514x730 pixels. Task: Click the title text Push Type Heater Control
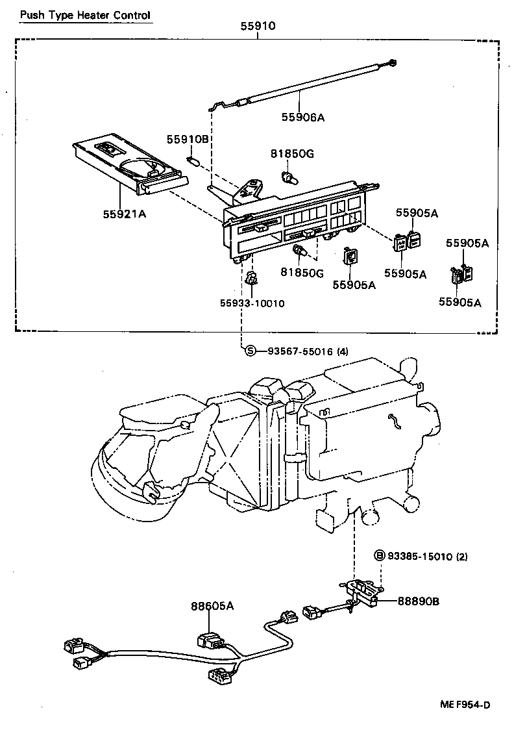[x=84, y=15]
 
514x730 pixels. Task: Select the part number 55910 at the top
[x=258, y=27]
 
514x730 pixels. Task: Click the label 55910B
[x=188, y=140]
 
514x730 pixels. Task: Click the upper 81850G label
[x=292, y=154]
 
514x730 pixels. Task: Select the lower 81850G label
[x=302, y=273]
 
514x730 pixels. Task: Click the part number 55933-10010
[x=252, y=303]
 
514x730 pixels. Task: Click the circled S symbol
[x=251, y=351]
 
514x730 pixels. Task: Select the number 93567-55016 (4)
[x=307, y=351]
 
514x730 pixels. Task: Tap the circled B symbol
[x=380, y=555]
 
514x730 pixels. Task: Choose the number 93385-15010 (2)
[x=428, y=556]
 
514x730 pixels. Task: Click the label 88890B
[x=418, y=601]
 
